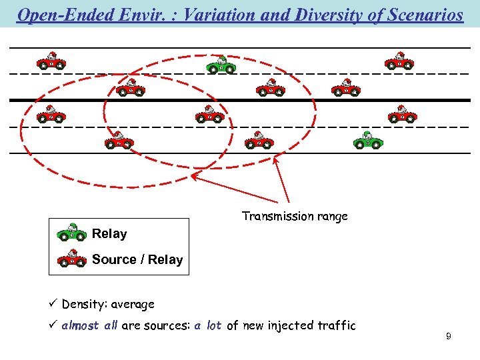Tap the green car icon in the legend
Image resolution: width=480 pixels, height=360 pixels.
click(x=71, y=233)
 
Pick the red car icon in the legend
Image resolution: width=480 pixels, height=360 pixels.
click(x=71, y=258)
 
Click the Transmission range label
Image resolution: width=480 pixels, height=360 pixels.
click(x=295, y=216)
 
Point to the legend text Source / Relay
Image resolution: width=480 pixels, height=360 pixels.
click(x=137, y=259)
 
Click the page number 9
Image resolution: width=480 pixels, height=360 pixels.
click(x=449, y=337)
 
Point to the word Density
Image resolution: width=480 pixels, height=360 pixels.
click(x=82, y=304)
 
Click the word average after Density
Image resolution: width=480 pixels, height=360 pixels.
click(x=133, y=304)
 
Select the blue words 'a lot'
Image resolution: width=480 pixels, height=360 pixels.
click(x=208, y=325)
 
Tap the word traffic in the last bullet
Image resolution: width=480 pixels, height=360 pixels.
click(x=333, y=325)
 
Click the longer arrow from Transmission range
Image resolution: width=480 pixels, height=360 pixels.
click(x=239, y=190)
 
